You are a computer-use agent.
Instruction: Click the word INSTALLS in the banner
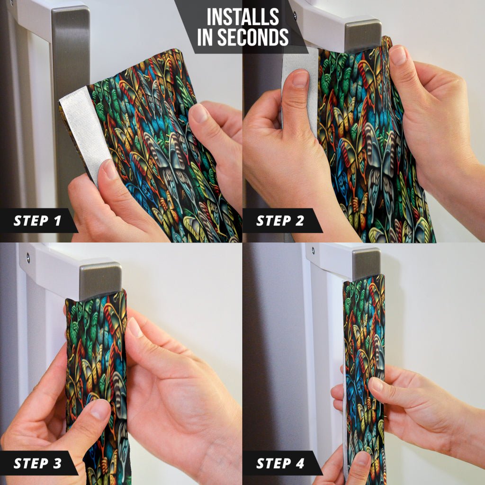243,17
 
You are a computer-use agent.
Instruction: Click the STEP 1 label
37,221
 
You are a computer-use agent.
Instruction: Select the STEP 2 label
280,221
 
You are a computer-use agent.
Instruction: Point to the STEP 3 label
37,463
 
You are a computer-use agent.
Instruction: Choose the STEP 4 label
280,463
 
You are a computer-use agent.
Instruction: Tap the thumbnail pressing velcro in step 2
300,78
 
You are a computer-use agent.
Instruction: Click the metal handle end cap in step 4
367,264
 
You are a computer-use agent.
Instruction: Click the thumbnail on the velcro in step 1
109,170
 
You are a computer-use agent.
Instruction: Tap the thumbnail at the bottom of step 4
362,461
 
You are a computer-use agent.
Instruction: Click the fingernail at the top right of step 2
398,56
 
